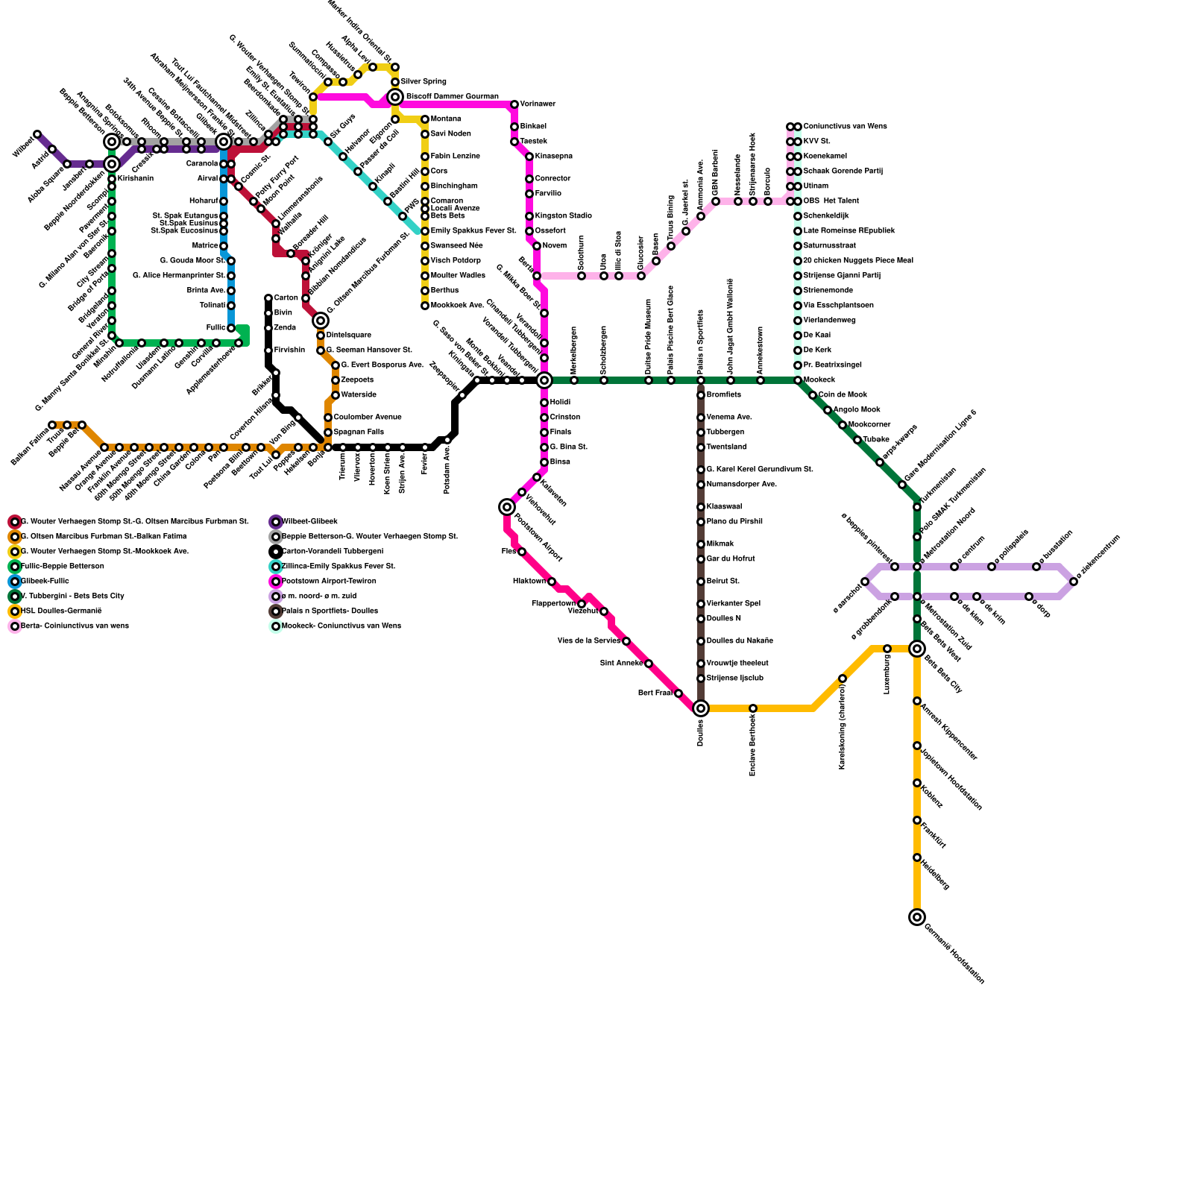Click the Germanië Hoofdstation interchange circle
(x=917, y=917)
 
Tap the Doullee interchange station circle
(x=701, y=708)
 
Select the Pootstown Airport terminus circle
(x=507, y=507)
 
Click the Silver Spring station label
(x=424, y=81)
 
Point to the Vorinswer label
(x=538, y=104)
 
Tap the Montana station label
(x=446, y=119)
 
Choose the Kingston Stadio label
(x=564, y=215)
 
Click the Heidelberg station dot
(x=917, y=857)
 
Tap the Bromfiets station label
(x=724, y=394)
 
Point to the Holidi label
(x=560, y=402)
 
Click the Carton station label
(x=286, y=298)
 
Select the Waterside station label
(x=359, y=394)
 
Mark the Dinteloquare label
(x=349, y=335)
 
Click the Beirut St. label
(x=723, y=581)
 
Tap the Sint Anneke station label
(x=621, y=663)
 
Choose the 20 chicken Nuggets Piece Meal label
(x=858, y=260)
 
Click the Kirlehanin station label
(x=136, y=178)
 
